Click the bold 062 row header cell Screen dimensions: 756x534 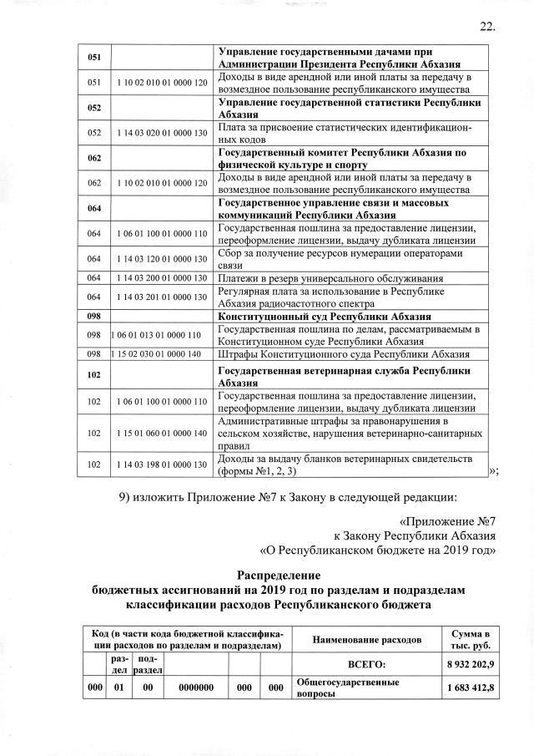tap(94, 157)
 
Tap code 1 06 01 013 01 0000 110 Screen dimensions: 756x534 tap(157, 335)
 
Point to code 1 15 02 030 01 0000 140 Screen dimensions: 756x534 tap(157, 353)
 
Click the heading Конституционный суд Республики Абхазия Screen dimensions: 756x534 tap(324, 317)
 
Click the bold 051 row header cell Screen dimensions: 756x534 tap(94, 57)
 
